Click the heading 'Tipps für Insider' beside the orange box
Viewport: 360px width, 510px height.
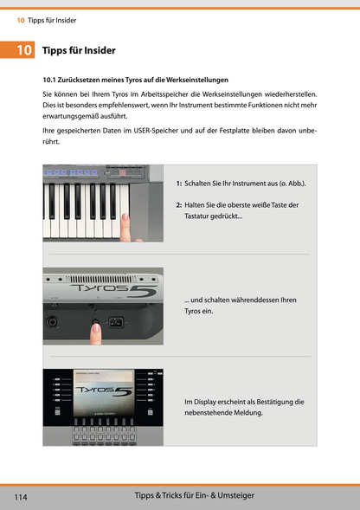pos(79,51)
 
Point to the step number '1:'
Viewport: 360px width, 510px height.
pos(178,184)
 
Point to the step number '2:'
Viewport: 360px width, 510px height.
pos(178,204)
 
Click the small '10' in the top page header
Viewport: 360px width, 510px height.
pos(20,10)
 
